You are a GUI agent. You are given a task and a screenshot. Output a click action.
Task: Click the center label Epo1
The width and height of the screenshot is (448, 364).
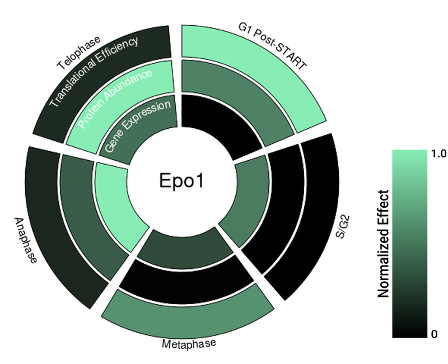click(181, 180)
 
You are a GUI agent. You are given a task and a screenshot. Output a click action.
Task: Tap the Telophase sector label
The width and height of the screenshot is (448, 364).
click(78, 53)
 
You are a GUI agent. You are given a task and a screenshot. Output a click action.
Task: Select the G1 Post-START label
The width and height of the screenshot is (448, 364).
click(272, 46)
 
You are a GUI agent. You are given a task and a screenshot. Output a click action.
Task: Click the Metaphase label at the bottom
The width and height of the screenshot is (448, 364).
click(189, 343)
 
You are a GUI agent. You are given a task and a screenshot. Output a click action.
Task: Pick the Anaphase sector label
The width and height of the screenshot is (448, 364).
click(26, 241)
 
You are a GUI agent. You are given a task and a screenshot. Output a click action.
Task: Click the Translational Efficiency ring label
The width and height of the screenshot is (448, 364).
click(94, 72)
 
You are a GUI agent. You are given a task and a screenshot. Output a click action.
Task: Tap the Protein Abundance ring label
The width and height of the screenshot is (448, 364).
click(115, 99)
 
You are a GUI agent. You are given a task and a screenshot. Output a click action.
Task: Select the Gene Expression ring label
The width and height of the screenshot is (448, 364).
click(138, 125)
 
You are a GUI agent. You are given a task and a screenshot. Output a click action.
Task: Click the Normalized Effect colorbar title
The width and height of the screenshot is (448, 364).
click(383, 244)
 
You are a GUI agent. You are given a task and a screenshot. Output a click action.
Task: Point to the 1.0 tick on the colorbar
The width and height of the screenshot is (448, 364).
click(438, 153)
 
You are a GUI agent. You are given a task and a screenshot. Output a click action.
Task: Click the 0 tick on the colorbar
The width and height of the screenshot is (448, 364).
click(435, 334)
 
